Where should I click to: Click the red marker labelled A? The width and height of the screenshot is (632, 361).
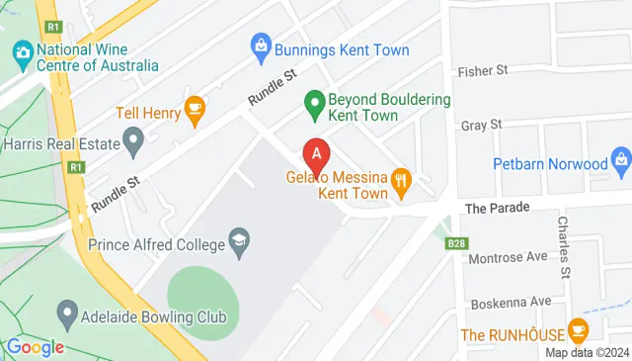tap(316, 154)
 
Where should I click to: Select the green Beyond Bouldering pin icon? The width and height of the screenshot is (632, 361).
tap(314, 101)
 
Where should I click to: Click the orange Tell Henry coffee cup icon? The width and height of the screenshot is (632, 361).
tap(195, 112)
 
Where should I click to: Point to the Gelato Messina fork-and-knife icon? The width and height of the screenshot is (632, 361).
tap(400, 179)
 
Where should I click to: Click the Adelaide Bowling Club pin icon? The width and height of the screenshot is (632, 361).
tap(67, 316)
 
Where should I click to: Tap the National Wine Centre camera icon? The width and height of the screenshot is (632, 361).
tap(21, 50)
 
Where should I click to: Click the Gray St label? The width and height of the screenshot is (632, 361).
tap(482, 126)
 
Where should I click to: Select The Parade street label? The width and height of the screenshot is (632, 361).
tap(498, 208)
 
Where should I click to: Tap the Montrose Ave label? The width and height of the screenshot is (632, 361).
tap(510, 257)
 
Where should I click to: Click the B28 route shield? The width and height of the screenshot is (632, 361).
tap(455, 243)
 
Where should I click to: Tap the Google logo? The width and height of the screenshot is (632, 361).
tap(36, 346)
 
